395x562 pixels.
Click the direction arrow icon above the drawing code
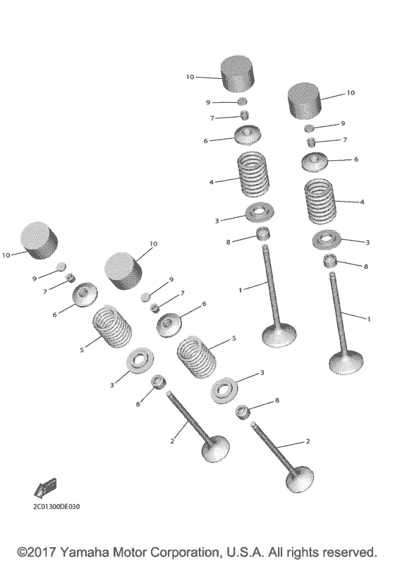pos(46,488)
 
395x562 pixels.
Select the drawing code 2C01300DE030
pos(56,506)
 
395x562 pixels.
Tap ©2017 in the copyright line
pos(37,552)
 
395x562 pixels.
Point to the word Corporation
pos(183,552)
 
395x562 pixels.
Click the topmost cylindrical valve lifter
pos(237,73)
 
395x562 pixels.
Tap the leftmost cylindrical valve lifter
pos(39,240)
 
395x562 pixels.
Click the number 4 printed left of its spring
pos(211,183)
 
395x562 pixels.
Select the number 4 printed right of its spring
pos(362,202)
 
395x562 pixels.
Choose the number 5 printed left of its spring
pos(82,350)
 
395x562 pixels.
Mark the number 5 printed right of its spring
pos(234,338)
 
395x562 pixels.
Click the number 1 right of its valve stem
pos(369,319)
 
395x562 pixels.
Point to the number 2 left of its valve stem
pos(172,441)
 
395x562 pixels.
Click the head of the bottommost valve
pos(300,479)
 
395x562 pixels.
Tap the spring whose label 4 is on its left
pos(253,174)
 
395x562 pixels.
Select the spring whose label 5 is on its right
pos(197,357)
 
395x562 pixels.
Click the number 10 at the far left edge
pos(6,255)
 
